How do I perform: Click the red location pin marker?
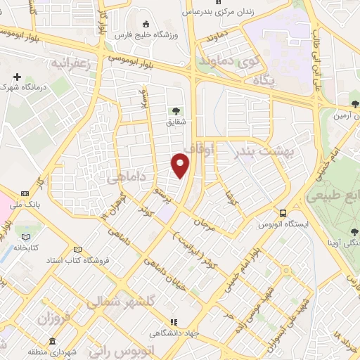[181, 165]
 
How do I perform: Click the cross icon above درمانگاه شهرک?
[17, 77]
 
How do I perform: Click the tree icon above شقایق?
[175, 110]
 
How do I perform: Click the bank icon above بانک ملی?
[25, 193]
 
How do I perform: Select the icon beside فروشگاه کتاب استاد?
[77, 250]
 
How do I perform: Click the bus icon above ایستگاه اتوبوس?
[283, 213]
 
